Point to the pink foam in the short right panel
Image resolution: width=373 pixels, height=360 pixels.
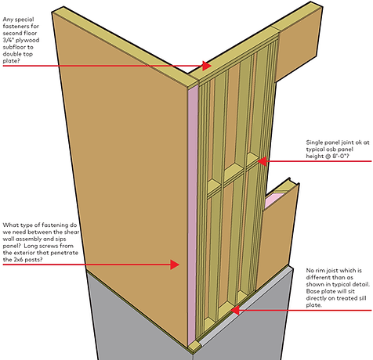tap(272, 201)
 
